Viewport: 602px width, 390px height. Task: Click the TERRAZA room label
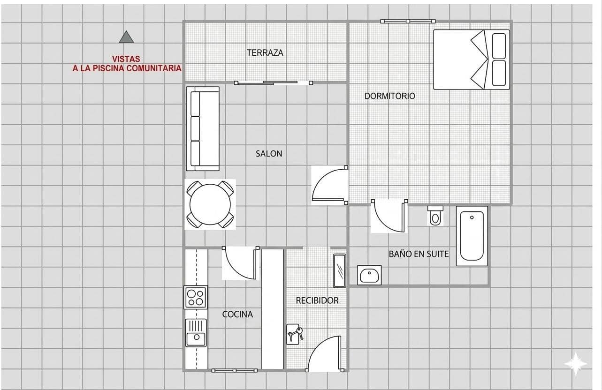(265, 53)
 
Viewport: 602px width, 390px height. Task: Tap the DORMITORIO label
(389, 96)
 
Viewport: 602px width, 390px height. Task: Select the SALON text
(269, 154)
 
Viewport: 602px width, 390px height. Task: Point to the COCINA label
(237, 315)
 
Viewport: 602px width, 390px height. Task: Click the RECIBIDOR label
(317, 300)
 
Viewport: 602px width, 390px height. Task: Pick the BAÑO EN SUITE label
(419, 254)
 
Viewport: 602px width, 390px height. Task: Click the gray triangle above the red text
(126, 37)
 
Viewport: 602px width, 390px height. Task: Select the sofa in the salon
(203, 129)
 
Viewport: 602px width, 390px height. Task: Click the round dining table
(210, 204)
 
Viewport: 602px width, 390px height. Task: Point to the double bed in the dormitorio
(471, 60)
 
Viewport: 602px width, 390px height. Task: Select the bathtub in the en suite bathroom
(472, 236)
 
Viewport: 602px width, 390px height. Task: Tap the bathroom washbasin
(370, 275)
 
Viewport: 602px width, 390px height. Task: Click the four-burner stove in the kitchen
(196, 297)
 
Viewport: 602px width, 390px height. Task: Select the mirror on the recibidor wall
(339, 271)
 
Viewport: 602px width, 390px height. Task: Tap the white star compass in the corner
(575, 363)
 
